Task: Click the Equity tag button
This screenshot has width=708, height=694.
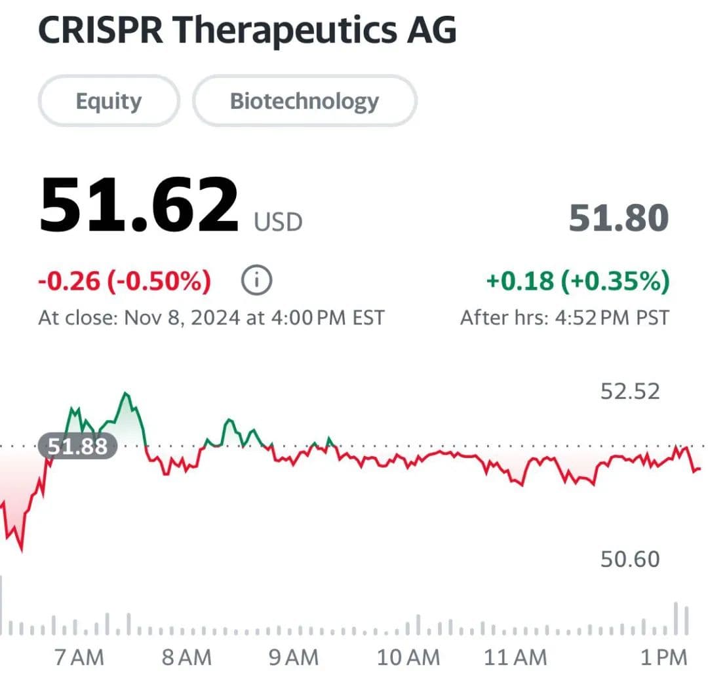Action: coord(108,101)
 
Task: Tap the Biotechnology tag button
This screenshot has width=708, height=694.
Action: coord(304,101)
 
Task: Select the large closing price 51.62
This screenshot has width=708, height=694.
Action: coord(139,204)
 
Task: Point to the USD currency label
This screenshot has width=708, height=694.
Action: coord(279,222)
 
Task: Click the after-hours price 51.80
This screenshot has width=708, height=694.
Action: coord(618,218)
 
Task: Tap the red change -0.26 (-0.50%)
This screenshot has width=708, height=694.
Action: coord(125,281)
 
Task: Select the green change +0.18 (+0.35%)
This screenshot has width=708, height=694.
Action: coord(578,281)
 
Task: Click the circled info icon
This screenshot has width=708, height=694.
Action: coord(257,281)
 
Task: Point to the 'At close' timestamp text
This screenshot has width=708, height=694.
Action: coord(211,318)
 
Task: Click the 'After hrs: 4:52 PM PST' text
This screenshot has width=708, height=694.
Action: coord(564,318)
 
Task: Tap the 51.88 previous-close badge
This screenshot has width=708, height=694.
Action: coord(77,447)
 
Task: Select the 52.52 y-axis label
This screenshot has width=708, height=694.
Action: coord(630,391)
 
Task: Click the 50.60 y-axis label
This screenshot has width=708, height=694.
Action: coord(630,559)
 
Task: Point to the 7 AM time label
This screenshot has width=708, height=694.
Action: coord(79,657)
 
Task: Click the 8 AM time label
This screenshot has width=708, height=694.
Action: coord(187,657)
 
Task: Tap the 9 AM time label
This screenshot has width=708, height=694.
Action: coord(293,657)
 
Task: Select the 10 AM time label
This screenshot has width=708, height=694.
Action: coord(408,657)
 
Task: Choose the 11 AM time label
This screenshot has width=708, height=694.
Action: coord(515,657)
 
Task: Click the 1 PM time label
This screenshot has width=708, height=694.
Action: coord(663,657)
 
